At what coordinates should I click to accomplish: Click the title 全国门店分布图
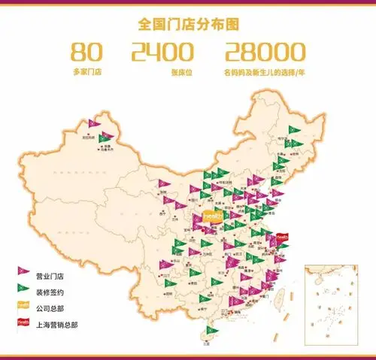click(x=189, y=24)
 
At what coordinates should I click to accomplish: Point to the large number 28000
click(x=265, y=52)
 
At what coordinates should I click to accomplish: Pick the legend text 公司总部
click(x=51, y=308)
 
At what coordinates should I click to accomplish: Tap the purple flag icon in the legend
click(x=23, y=272)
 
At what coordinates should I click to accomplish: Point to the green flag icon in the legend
click(x=23, y=289)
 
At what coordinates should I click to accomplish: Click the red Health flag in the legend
click(x=23, y=324)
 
